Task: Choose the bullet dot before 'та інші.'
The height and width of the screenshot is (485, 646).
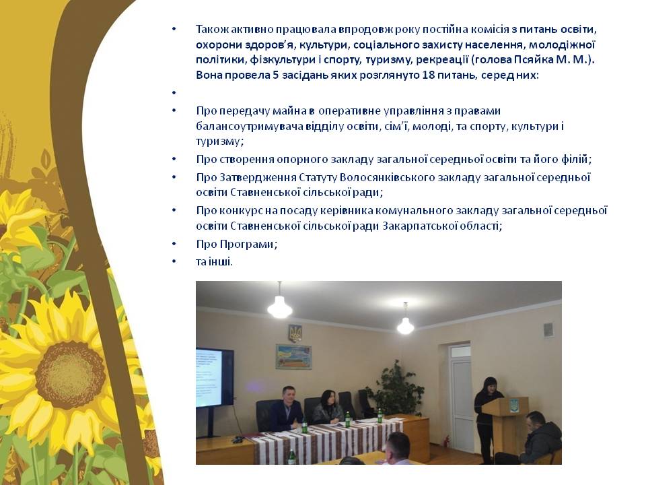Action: pos(174,261)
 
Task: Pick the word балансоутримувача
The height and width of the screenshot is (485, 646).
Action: pos(250,127)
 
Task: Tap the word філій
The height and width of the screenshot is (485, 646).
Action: pos(577,159)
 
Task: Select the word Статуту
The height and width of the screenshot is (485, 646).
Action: pos(318,178)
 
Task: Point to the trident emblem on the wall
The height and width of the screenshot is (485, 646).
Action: pos(295,333)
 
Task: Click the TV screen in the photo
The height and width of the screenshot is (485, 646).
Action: pos(209,378)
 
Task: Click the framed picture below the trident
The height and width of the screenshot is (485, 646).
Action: pos(293,356)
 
